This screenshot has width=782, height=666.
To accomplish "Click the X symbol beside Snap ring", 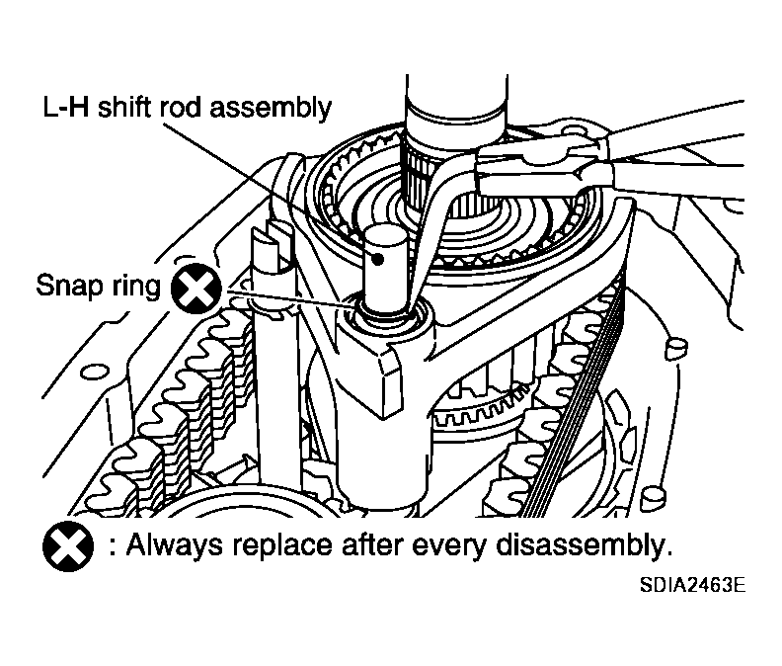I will (196, 289).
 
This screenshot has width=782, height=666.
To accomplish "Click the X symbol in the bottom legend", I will (68, 545).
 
